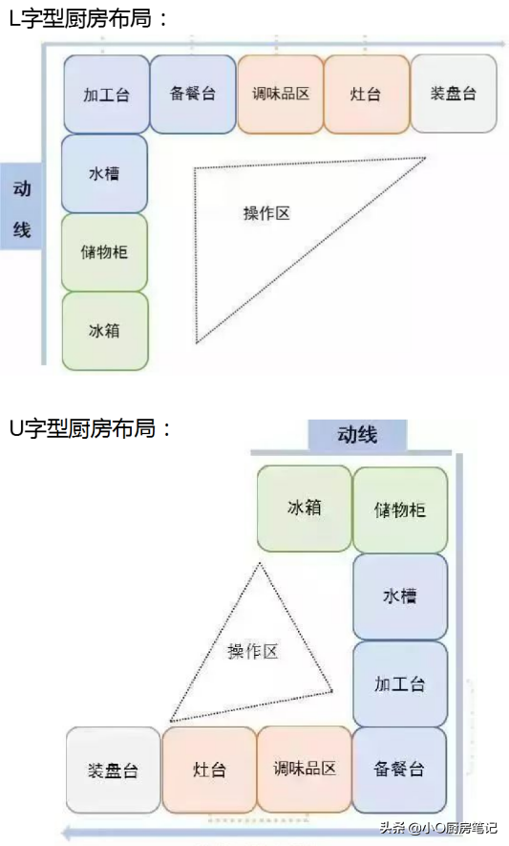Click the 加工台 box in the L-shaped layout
[107, 95]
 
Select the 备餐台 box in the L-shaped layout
[193, 94]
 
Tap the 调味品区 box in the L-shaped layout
[281, 94]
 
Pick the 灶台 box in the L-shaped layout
[367, 94]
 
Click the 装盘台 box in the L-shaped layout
[454, 94]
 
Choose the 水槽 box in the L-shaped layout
[105, 174]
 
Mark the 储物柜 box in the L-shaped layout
[105, 252]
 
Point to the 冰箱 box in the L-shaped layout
[105, 331]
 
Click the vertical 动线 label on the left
[22, 208]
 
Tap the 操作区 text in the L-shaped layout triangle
[266, 213]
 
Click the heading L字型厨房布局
[89, 19]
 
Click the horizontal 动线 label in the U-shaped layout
[357, 434]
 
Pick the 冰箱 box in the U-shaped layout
[304, 509]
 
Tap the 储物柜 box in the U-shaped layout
[400, 510]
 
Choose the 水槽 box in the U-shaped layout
[400, 597]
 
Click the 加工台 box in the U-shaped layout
[400, 684]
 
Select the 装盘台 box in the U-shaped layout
[114, 770]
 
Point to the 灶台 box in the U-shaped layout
[209, 770]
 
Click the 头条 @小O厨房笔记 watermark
[437, 828]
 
